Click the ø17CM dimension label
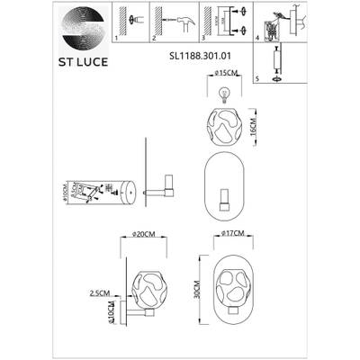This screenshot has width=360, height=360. tap(233, 235)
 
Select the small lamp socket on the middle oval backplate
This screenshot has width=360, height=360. tap(227, 195)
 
